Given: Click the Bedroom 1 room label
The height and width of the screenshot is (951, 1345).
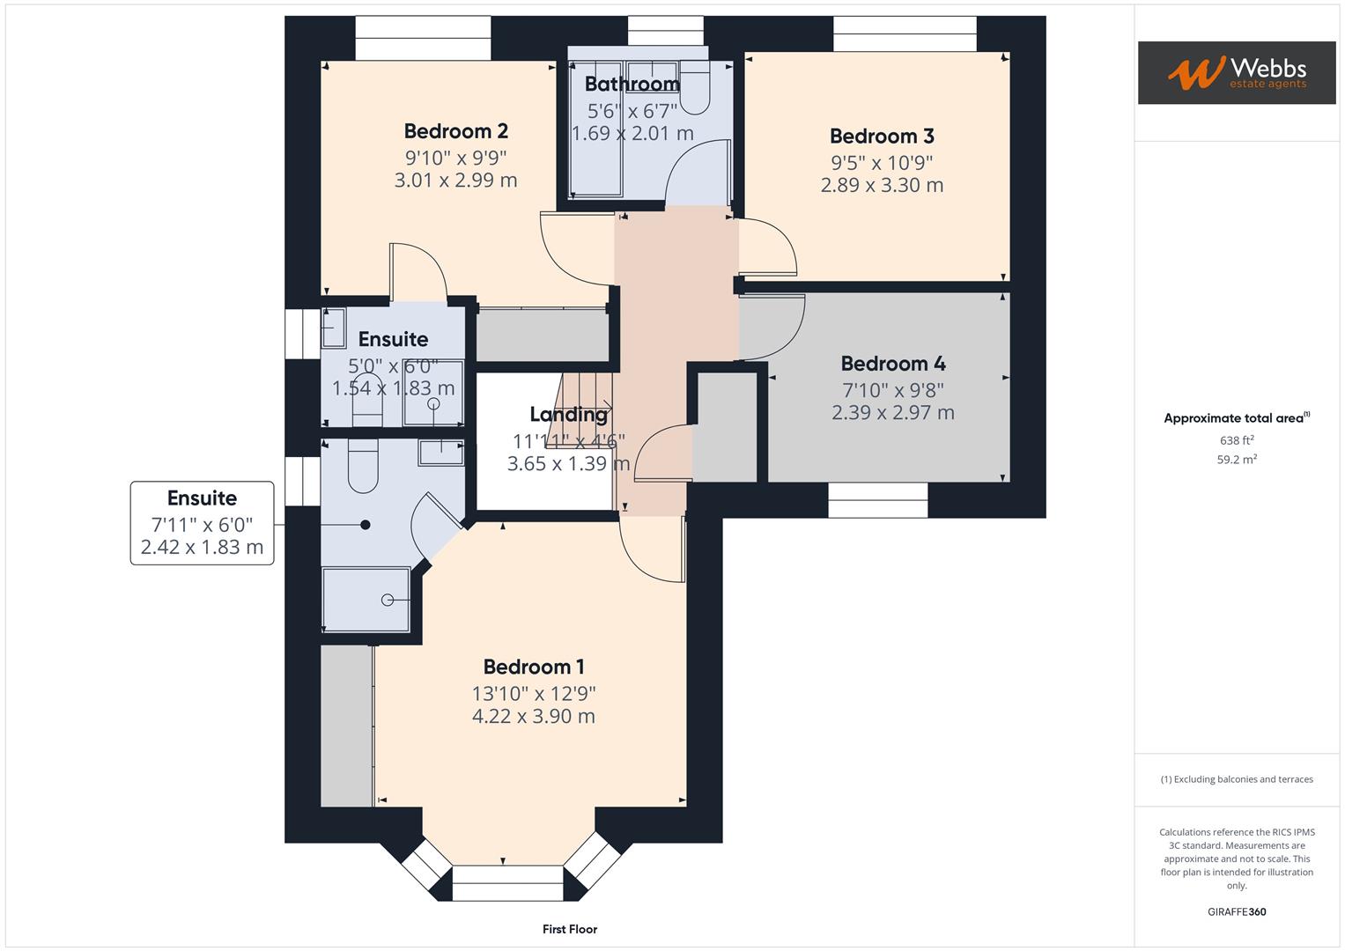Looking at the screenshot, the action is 533,667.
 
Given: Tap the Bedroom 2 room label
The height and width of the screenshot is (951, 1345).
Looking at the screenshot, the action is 455,131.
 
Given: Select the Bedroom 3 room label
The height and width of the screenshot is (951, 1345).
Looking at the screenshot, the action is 882,136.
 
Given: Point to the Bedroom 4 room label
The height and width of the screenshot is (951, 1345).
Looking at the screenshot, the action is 893,363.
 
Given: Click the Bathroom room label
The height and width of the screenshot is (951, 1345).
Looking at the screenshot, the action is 632,84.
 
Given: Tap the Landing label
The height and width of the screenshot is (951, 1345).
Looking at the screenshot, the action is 568,414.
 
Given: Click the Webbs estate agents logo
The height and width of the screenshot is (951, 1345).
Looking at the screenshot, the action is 1237,72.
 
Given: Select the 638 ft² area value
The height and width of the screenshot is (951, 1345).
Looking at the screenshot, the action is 1237,440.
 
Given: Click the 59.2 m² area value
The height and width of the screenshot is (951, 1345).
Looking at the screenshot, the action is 1237,460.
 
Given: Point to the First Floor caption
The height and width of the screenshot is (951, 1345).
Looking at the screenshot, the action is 569,929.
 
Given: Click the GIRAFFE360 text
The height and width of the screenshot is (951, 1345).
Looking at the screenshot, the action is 1237,912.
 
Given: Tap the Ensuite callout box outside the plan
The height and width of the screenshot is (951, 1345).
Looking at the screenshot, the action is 203,523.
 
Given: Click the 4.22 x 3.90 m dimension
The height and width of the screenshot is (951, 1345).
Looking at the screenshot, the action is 533,716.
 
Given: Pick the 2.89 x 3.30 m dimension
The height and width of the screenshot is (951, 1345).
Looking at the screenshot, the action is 882,185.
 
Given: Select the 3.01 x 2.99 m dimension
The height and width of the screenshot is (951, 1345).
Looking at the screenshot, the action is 455,181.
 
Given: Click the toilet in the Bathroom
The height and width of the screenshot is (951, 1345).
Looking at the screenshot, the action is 695,88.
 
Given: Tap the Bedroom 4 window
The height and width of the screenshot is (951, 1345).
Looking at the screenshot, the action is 878,500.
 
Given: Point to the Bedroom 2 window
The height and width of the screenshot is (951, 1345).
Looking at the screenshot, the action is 423,38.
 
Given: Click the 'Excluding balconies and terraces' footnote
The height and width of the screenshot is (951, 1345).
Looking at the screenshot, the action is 1237,779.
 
